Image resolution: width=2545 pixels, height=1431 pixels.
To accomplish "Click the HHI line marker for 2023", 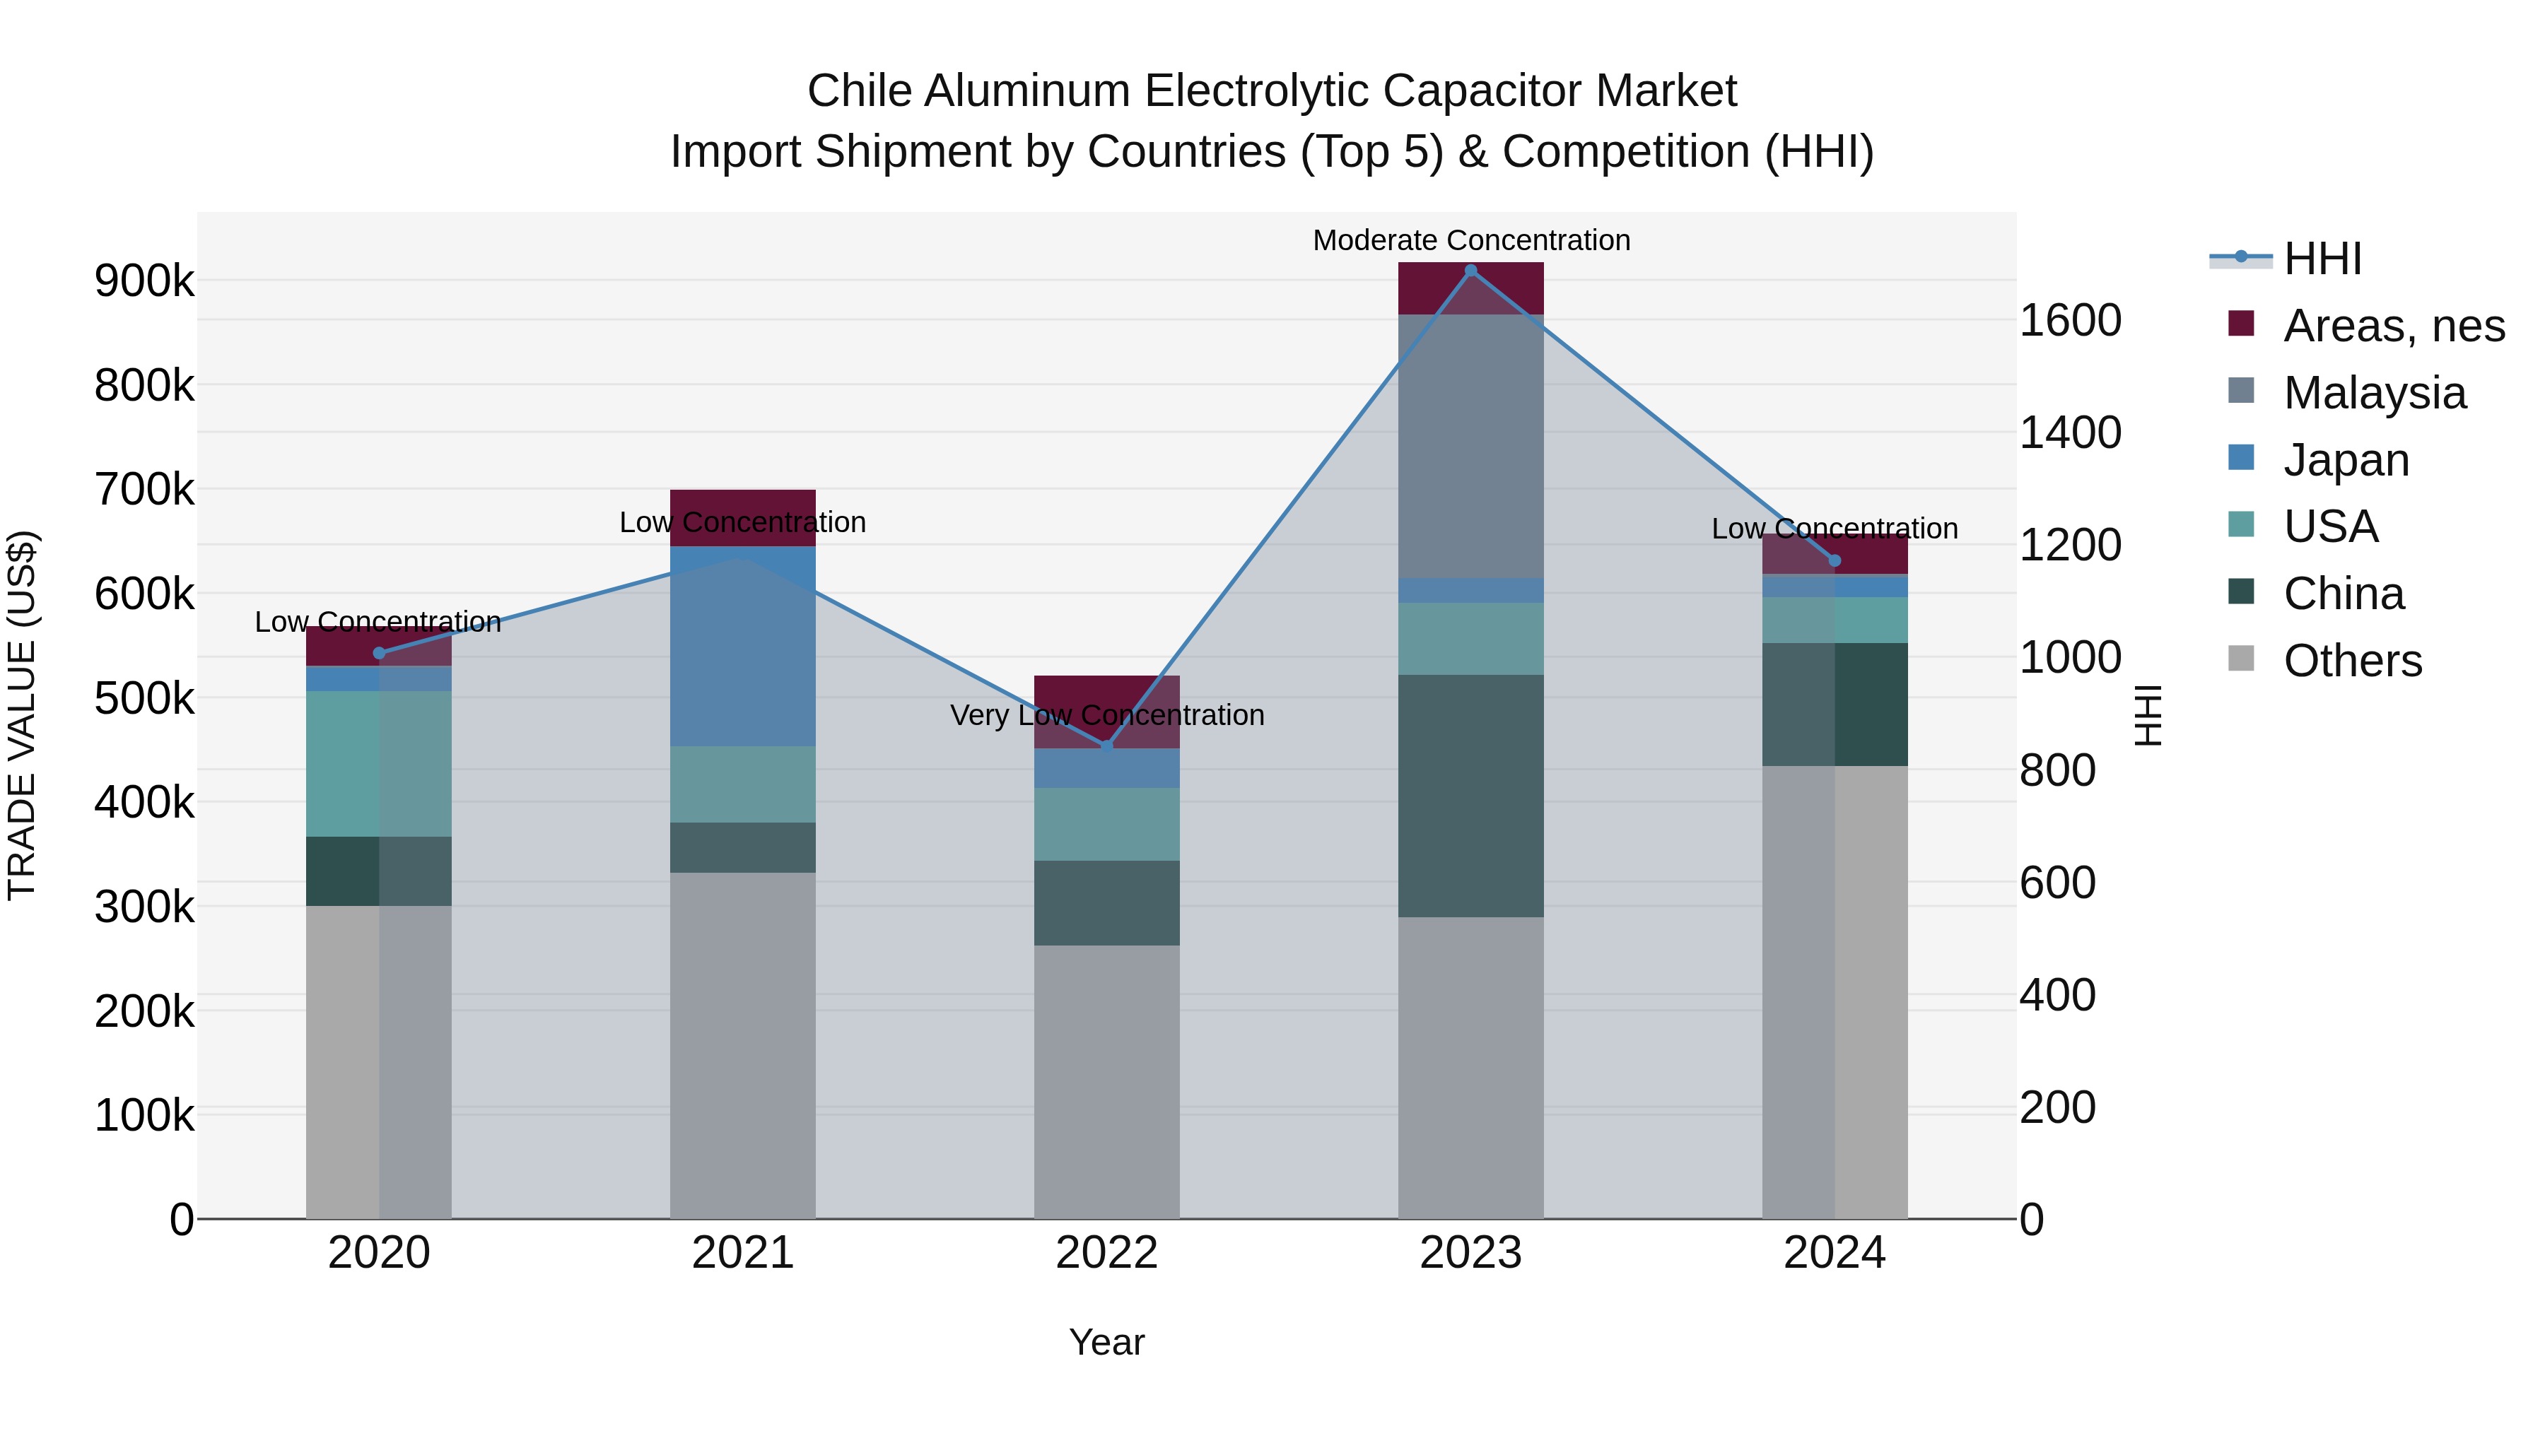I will tap(1470, 271).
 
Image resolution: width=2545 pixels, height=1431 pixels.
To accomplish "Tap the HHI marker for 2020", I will tap(380, 653).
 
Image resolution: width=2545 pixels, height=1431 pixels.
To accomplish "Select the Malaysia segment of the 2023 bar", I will tap(1470, 447).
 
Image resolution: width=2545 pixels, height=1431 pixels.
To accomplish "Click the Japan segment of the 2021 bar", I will tap(743, 647).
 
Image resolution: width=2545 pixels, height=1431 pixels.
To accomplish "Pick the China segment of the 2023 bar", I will tap(1470, 796).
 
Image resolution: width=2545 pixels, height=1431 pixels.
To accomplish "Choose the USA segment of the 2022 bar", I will tap(1106, 825).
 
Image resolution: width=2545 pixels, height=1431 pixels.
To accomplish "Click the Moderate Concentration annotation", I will tap(1470, 241).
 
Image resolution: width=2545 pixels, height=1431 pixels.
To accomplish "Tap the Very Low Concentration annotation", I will tap(1106, 716).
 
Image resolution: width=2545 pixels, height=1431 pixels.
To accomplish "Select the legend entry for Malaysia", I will tap(2374, 393).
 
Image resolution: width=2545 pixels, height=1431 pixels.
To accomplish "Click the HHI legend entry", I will tap(2321, 259).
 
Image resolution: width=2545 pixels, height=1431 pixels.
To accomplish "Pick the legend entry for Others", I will tap(2351, 661).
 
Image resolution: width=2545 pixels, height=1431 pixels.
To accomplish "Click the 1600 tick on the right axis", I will tap(2070, 321).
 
